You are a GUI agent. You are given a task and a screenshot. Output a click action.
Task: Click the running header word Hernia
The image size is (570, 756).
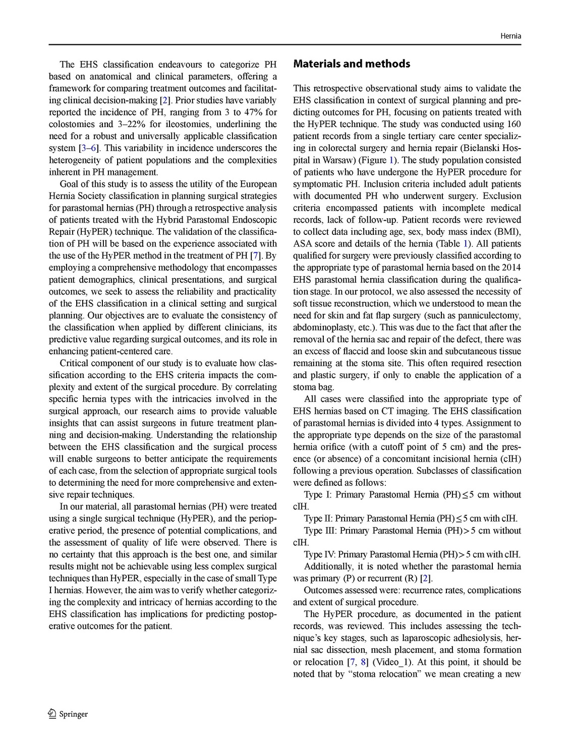510,36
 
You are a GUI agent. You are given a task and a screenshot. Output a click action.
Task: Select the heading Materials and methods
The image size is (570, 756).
352,64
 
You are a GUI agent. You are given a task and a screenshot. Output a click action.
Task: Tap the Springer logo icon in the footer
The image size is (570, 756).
52,714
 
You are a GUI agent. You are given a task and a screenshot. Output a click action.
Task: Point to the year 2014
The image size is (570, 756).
511,268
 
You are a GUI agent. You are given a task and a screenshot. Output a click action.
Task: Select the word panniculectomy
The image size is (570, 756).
493,316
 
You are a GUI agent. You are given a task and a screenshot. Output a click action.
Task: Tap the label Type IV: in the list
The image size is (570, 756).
320,554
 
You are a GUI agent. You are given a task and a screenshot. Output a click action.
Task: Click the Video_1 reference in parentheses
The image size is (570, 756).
392,662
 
